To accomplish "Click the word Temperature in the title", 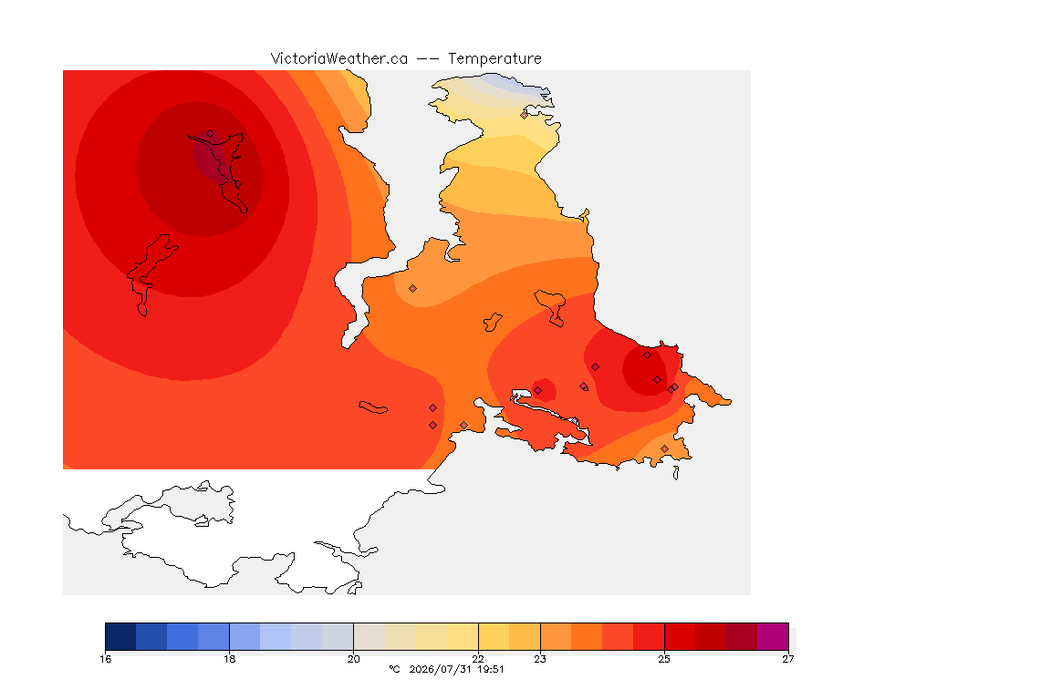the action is (x=494, y=58).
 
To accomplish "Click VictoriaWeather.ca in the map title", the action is (x=339, y=58).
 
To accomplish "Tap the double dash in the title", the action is (x=428, y=59).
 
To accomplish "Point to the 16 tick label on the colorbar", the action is (x=105, y=659).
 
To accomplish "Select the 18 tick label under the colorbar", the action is (x=229, y=659).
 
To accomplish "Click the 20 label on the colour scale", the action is (x=353, y=659).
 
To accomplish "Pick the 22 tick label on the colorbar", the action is (x=478, y=659).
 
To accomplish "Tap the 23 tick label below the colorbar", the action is (x=539, y=659).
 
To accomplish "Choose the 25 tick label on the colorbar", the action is (x=664, y=659).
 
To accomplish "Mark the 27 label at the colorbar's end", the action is (x=788, y=659).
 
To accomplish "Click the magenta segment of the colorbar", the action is (x=773, y=636).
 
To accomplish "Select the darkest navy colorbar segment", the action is (x=120, y=636).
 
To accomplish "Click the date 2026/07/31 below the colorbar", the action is (x=441, y=669).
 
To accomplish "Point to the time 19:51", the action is (x=490, y=669).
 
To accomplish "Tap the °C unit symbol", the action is (x=394, y=669).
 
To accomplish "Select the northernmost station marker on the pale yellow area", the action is (x=525, y=115).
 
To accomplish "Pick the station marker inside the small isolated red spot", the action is (x=537, y=390).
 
